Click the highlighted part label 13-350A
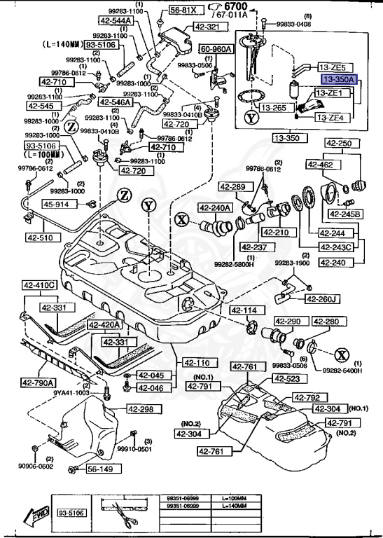tap(338, 81)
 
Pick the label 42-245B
tap(346, 214)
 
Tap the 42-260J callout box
tap(321, 299)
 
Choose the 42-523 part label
tap(287, 379)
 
